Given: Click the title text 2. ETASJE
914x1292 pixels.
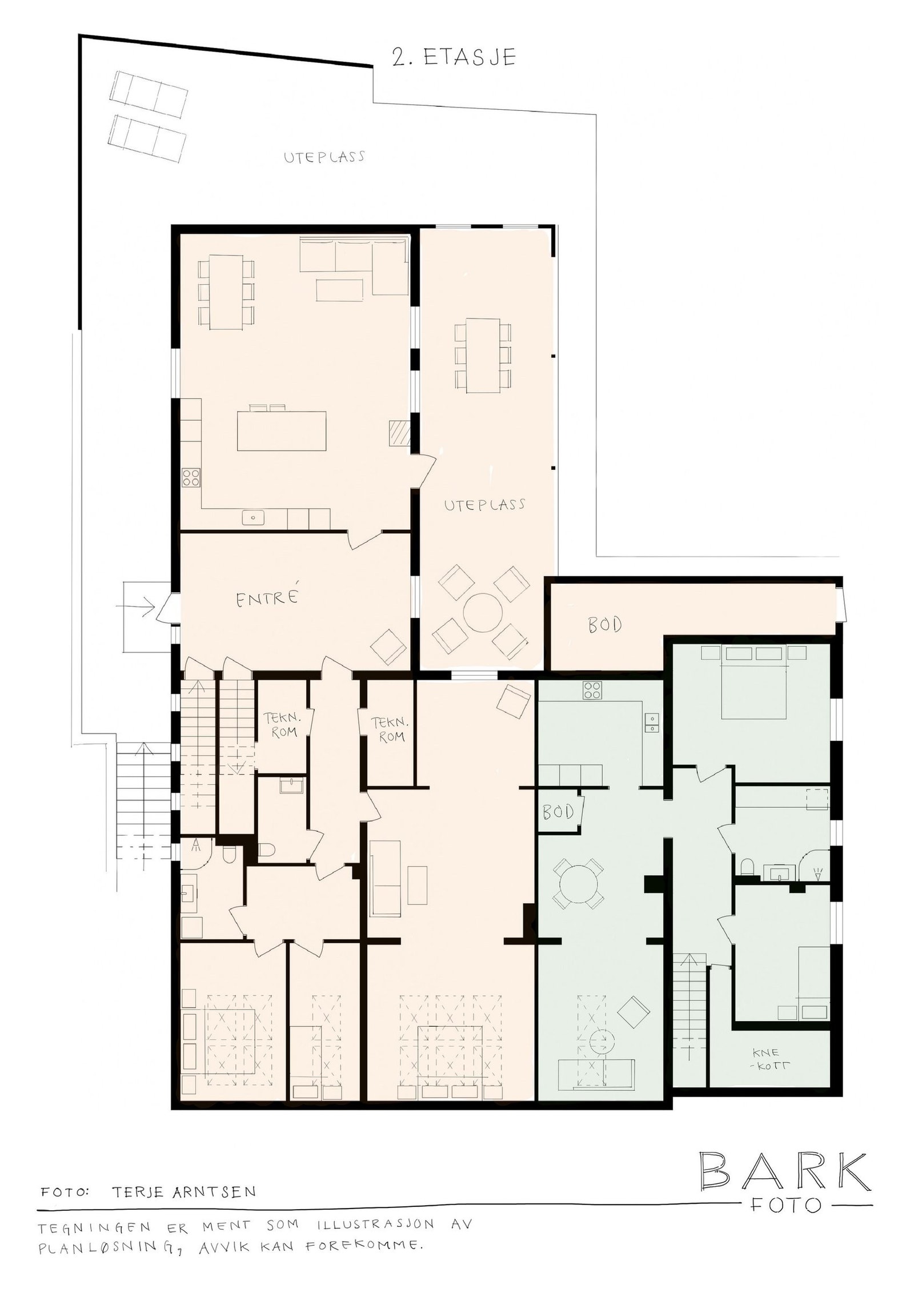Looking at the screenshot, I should click(x=454, y=58).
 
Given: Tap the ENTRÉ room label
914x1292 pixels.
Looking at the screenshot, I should click(x=268, y=599).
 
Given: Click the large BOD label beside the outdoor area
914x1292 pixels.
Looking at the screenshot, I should click(x=605, y=625).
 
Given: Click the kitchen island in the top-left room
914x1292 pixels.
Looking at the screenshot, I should click(x=282, y=430).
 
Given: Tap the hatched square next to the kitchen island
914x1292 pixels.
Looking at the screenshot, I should click(x=400, y=432).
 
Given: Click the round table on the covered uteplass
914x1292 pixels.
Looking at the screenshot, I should click(x=482, y=612).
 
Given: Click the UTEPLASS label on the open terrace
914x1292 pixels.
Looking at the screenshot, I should click(x=324, y=157).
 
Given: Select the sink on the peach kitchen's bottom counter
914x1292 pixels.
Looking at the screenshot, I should click(x=253, y=518).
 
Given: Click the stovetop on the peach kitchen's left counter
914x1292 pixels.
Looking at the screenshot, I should click(x=191, y=477).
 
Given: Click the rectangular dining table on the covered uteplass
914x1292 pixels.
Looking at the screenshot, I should click(x=482, y=356).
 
